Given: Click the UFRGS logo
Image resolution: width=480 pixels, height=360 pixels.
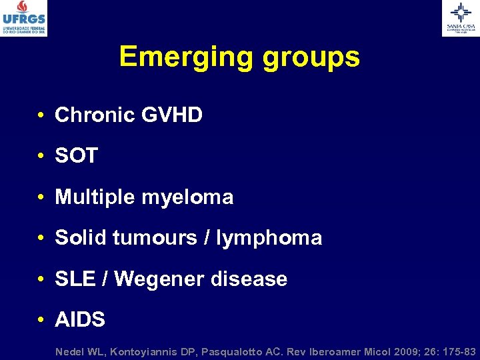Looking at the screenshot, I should click(x=24, y=17).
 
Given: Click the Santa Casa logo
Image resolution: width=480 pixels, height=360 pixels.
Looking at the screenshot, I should click(x=460, y=17).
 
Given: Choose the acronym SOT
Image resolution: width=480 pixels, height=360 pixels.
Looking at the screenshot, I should click(x=76, y=156).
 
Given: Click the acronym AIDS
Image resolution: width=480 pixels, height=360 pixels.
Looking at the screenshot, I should click(x=80, y=319).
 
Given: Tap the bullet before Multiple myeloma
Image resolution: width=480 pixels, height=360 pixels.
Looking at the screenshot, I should click(x=41, y=198).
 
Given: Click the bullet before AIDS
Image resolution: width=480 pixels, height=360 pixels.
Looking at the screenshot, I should click(x=41, y=320).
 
